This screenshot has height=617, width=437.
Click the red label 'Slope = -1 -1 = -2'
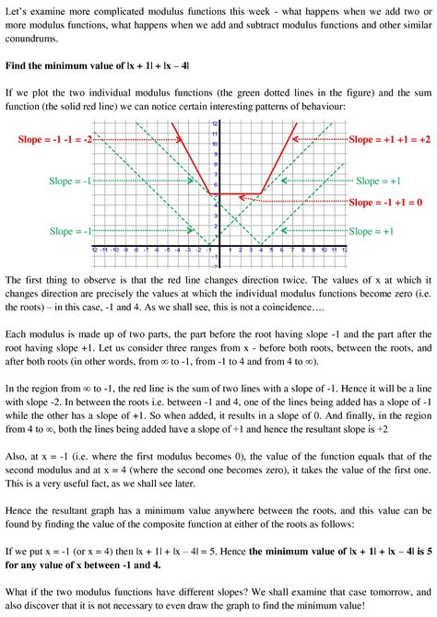point(56,138)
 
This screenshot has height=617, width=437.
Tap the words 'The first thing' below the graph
point(41,278)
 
